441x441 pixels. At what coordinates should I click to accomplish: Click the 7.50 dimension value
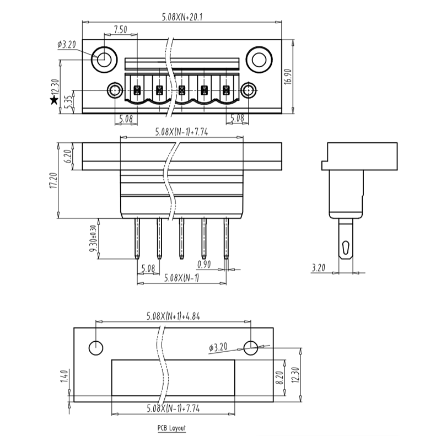(121, 29)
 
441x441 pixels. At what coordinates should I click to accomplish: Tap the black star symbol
(53, 100)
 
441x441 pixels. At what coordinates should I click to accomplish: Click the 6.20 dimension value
(69, 157)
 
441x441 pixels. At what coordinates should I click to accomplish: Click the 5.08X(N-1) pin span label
(181, 277)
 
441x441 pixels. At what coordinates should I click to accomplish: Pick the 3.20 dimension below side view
(318, 268)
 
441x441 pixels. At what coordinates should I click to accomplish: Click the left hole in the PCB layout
(95, 348)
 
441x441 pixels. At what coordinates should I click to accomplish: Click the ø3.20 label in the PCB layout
(219, 347)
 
